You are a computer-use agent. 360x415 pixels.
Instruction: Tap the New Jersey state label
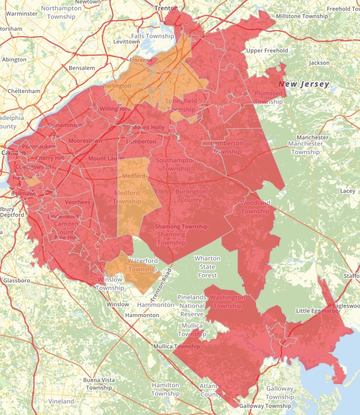(x=304, y=84)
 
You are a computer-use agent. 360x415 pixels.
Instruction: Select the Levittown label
(x=126, y=42)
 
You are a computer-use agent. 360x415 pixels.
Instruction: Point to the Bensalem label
(x=81, y=67)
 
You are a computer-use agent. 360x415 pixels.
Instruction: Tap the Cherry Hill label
(x=50, y=158)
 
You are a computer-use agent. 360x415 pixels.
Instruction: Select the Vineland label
(x=61, y=401)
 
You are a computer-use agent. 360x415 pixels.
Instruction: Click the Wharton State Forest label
(x=207, y=266)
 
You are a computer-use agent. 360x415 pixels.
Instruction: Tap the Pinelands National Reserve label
(x=191, y=306)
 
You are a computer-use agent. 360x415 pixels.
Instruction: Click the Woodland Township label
(x=255, y=207)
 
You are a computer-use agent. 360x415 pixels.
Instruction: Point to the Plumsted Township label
(x=269, y=97)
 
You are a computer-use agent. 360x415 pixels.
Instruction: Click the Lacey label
(x=348, y=191)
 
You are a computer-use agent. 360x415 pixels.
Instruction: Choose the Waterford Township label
(x=143, y=265)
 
